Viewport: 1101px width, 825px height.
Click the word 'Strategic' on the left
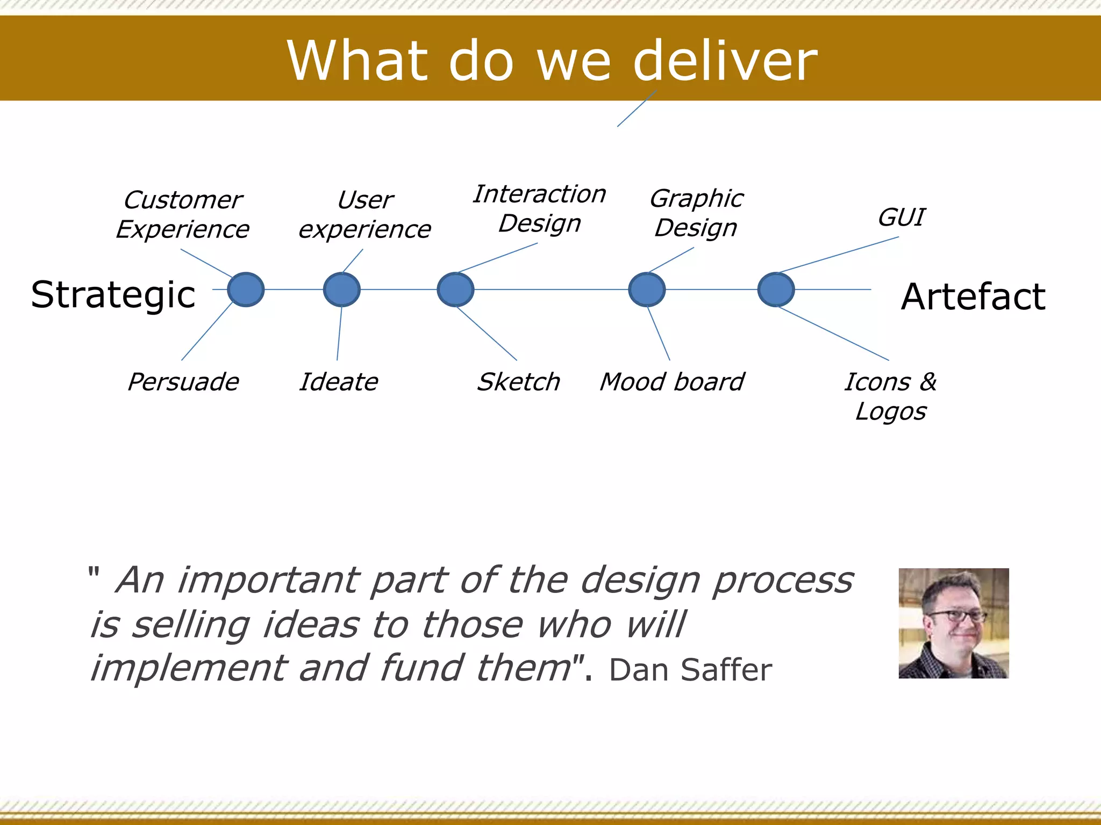tap(113, 295)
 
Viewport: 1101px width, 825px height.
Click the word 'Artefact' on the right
tap(973, 296)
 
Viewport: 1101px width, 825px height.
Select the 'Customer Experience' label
tap(183, 215)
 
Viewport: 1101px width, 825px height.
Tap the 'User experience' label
tap(365, 215)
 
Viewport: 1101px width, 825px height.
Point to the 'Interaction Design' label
tap(540, 208)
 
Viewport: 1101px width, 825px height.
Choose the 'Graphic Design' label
tap(696, 213)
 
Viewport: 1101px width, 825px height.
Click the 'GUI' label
tap(901, 218)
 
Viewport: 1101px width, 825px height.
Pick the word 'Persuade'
tap(183, 382)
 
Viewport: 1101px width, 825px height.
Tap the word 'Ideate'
tap(339, 382)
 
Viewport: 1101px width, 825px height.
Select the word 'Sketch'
tap(519, 382)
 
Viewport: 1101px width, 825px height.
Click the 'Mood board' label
tap(672, 382)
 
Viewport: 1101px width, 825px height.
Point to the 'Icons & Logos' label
tap(891, 396)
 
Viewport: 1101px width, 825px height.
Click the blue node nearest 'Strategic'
tap(246, 290)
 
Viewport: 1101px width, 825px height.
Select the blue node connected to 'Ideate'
tap(342, 290)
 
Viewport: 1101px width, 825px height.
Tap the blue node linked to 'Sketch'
tap(455, 290)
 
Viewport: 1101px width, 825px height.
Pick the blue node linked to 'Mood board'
tap(647, 290)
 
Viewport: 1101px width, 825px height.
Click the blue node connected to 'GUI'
tap(776, 290)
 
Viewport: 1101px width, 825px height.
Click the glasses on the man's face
tap(958, 616)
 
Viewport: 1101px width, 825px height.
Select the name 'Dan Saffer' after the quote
tap(690, 670)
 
